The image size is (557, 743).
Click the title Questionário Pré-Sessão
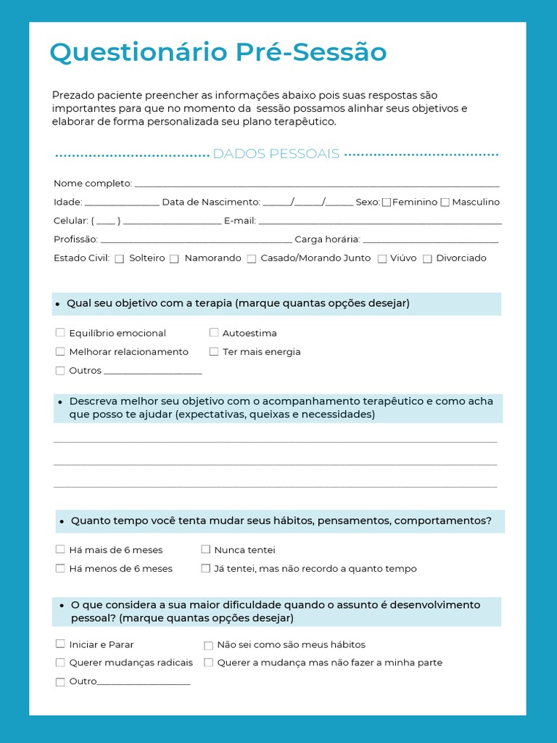(218, 53)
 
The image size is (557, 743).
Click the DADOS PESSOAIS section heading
(276, 154)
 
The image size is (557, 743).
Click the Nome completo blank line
(317, 184)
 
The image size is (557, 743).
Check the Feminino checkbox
(387, 202)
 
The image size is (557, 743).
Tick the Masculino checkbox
(445, 202)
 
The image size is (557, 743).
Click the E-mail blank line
(380, 221)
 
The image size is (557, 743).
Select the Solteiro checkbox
(120, 259)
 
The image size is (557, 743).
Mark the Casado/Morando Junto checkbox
(251, 259)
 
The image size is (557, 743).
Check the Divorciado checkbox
(427, 259)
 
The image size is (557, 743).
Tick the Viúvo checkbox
(381, 259)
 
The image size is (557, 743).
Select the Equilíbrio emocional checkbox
(60, 333)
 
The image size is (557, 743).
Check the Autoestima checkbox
(214, 332)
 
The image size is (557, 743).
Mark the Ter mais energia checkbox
(214, 351)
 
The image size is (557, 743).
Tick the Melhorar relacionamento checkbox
(60, 351)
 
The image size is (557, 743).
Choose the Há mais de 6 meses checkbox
(60, 549)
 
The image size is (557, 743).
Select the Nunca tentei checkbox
(206, 549)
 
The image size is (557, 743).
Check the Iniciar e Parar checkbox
(60, 644)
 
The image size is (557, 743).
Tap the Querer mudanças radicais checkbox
(60, 662)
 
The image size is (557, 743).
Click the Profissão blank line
(196, 240)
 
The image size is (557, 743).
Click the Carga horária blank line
(430, 240)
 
